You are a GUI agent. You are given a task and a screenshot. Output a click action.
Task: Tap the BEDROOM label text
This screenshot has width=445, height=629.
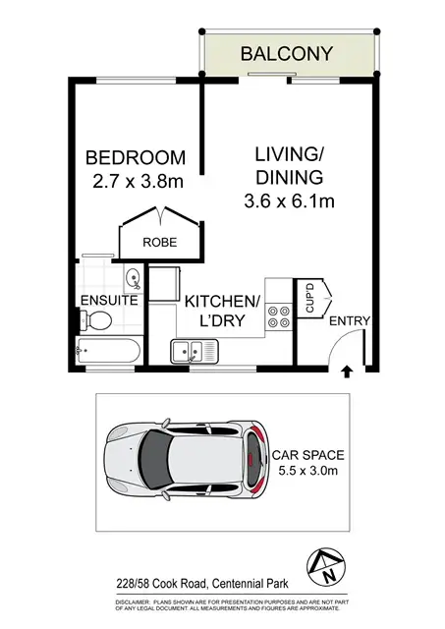coord(135,157)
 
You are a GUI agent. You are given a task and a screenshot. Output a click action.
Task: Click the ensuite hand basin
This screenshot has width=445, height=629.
coord(133,277)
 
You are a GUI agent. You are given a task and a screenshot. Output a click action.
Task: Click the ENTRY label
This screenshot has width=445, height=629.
coord(350,320)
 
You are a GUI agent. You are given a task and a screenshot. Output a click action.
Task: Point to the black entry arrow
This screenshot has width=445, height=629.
coord(345,372)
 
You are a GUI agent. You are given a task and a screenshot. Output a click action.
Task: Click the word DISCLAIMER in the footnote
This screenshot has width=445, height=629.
coord(138,601)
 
